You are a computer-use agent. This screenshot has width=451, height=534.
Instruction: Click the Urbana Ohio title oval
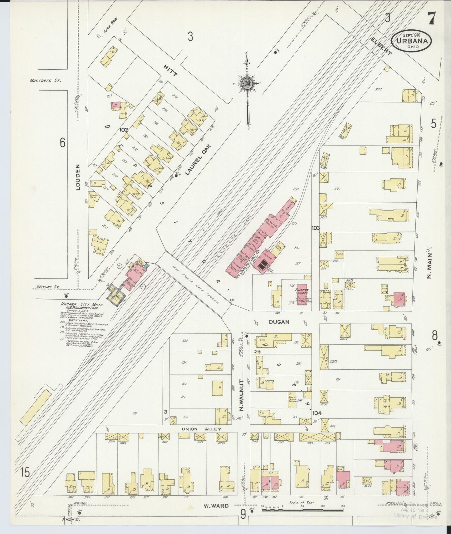coord(412,41)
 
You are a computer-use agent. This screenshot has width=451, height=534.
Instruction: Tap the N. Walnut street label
coord(241,395)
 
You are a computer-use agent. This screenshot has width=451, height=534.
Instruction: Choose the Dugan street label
coord(279,322)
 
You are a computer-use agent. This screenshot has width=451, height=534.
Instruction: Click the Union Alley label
coord(201,429)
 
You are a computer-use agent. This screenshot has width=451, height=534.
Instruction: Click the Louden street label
coord(78,177)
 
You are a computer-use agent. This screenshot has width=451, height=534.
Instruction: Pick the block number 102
coord(124,129)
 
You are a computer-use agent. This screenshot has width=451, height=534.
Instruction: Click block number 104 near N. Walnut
coord(316,413)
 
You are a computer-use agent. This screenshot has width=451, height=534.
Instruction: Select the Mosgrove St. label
coord(45,80)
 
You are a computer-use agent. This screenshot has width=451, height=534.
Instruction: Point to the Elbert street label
coord(381,47)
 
